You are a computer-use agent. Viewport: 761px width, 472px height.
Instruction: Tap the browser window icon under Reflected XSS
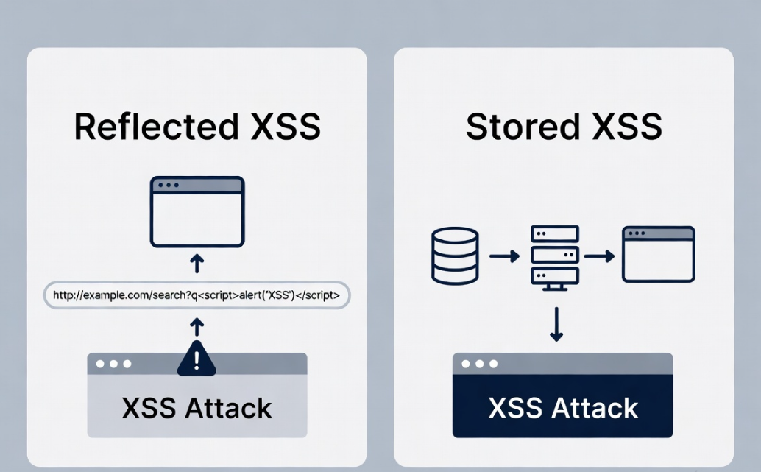tap(197, 211)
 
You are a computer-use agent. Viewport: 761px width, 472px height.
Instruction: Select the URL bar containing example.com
tap(197, 295)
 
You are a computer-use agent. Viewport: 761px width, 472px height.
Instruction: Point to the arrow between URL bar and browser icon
tap(197, 263)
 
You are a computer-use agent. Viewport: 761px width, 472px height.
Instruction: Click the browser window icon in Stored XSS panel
tap(658, 255)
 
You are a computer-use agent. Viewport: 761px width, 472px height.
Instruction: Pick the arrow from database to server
tap(504, 256)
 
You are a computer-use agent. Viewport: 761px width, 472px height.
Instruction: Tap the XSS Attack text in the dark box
tap(563, 407)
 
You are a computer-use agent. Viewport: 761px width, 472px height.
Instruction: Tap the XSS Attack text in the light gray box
tap(197, 407)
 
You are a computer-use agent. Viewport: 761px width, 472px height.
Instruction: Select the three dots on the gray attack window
tap(112, 364)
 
